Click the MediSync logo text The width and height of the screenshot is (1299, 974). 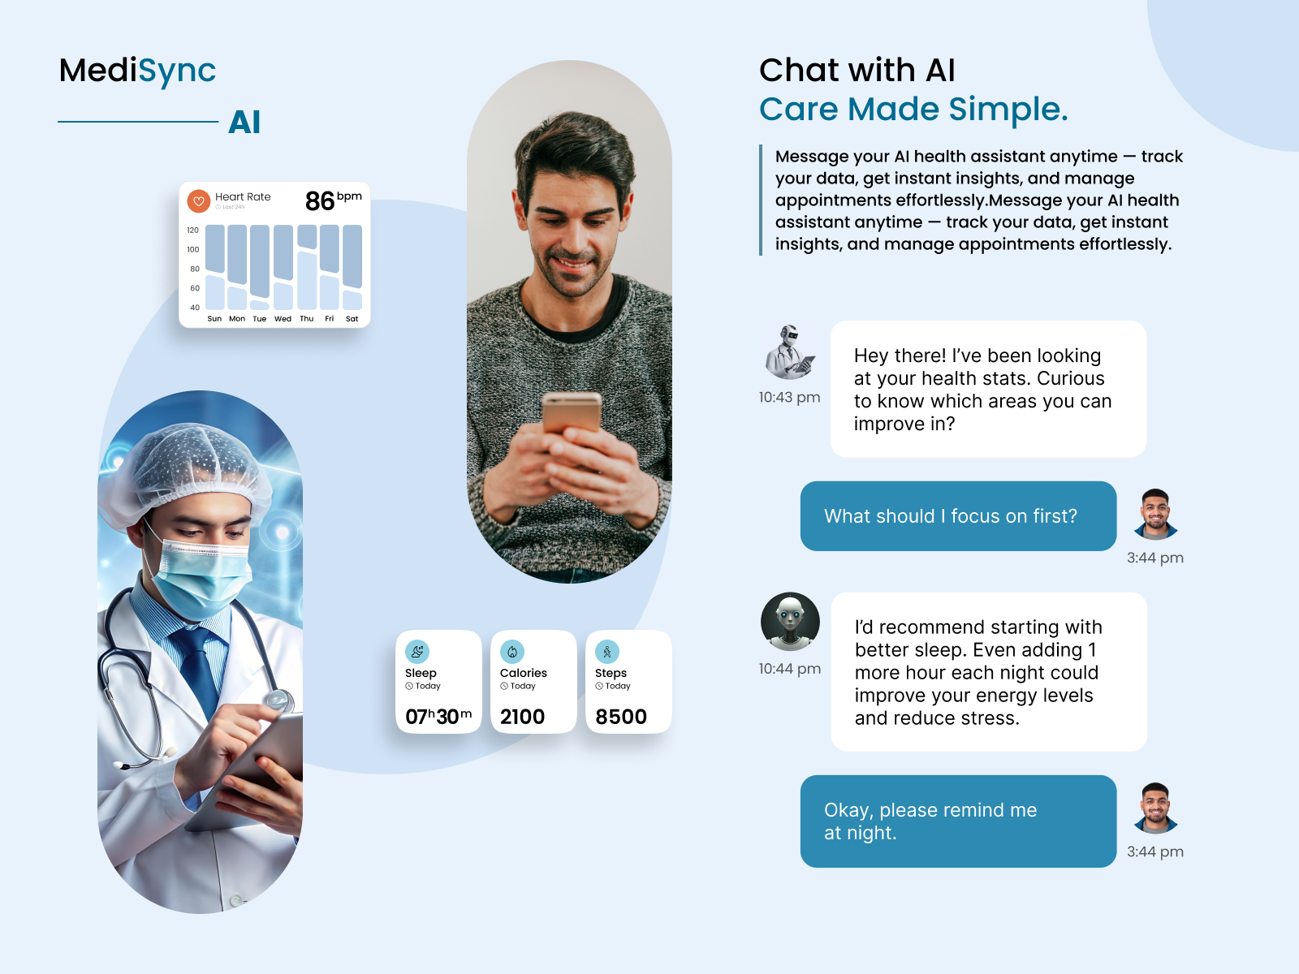point(137,71)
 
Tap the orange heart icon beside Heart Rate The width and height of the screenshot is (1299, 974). point(198,200)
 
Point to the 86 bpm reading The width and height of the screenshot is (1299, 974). point(332,200)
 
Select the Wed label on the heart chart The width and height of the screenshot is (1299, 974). point(283,319)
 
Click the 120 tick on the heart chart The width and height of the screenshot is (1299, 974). point(193,231)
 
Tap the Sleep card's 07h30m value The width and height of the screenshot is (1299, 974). point(438,717)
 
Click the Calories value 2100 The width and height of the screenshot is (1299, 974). point(522,717)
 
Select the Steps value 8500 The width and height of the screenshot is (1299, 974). point(621,717)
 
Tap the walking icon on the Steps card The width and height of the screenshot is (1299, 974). point(607,652)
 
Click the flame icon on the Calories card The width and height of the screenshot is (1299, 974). point(512,652)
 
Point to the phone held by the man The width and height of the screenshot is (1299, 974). point(572,413)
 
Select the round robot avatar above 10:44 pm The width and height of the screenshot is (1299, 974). point(790,622)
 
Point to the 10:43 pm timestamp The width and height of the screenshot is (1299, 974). point(789,398)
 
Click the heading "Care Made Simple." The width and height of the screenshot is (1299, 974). point(913,110)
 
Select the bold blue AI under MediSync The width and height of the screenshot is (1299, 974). point(244,123)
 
